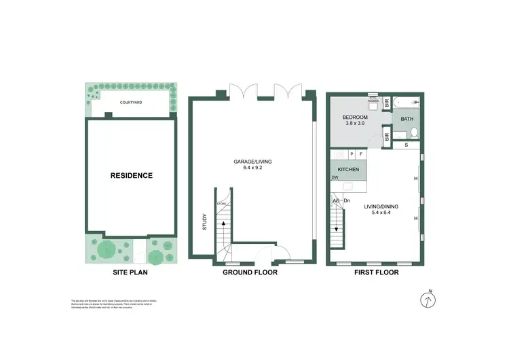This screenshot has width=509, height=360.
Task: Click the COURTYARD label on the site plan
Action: pos(130,103)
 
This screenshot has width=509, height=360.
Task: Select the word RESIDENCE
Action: pos(132,175)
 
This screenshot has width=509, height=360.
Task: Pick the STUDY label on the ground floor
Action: pos(204,223)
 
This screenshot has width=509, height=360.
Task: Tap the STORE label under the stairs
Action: pos(221,203)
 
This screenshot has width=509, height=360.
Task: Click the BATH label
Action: pos(407,119)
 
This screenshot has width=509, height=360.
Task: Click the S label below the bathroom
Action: pos(406,145)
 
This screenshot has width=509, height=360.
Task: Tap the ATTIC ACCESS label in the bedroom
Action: pos(372,97)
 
